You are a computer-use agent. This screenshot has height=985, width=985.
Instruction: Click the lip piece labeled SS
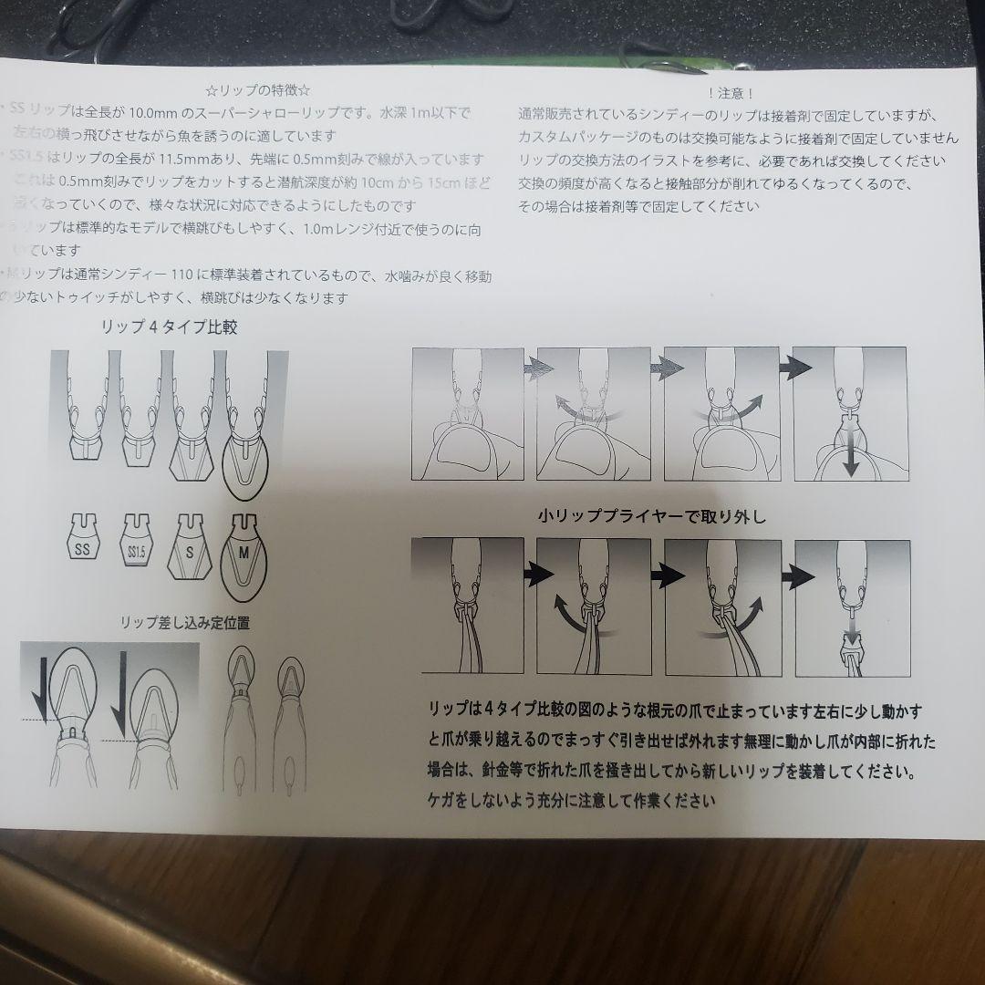83,540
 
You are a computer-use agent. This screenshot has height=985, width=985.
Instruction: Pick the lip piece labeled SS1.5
136,544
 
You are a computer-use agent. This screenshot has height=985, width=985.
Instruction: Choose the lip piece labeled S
189,546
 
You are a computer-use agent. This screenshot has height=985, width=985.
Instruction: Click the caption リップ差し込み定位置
186,624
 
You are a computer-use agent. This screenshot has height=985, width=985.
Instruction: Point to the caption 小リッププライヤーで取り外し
651,517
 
